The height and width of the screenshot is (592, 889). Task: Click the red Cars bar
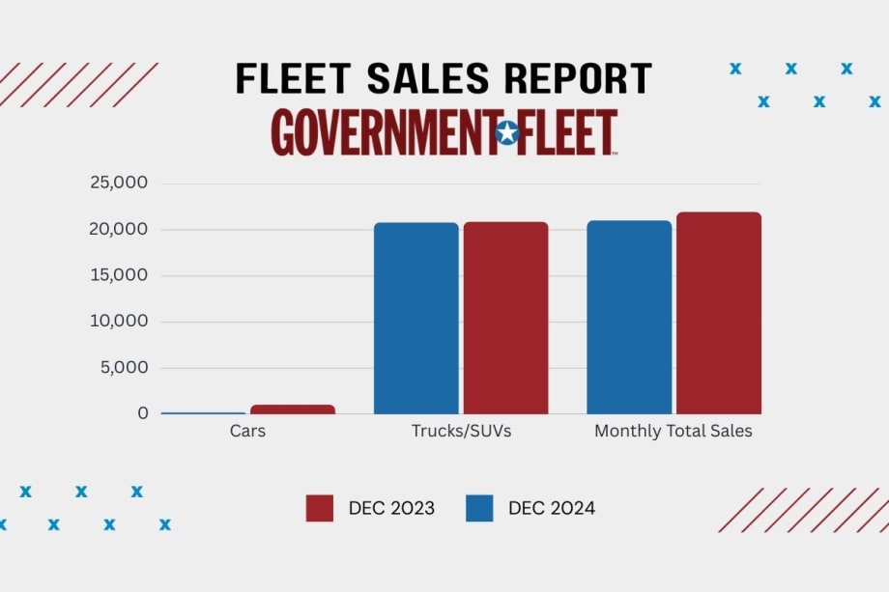[x=292, y=409]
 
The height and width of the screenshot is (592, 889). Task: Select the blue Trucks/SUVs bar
[x=416, y=319]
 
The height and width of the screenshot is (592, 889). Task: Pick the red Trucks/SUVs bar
[x=505, y=319]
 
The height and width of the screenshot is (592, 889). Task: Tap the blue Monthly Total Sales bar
[x=629, y=318]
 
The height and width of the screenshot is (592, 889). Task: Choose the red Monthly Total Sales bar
[x=718, y=314]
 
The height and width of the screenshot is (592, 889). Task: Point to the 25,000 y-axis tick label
[x=119, y=183]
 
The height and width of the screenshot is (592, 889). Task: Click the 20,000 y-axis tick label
[x=119, y=229]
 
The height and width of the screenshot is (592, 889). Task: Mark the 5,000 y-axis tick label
[x=124, y=367]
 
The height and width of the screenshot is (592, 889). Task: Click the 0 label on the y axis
[x=143, y=413]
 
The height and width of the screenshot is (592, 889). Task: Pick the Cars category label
[x=247, y=432]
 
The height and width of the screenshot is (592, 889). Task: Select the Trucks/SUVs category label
[x=461, y=432]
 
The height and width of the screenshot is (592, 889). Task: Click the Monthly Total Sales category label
[x=674, y=432]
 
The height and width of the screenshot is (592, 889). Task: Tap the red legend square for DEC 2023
[x=320, y=508]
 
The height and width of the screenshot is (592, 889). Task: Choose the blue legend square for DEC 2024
[x=479, y=508]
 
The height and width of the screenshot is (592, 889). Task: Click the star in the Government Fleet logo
[x=506, y=133]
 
